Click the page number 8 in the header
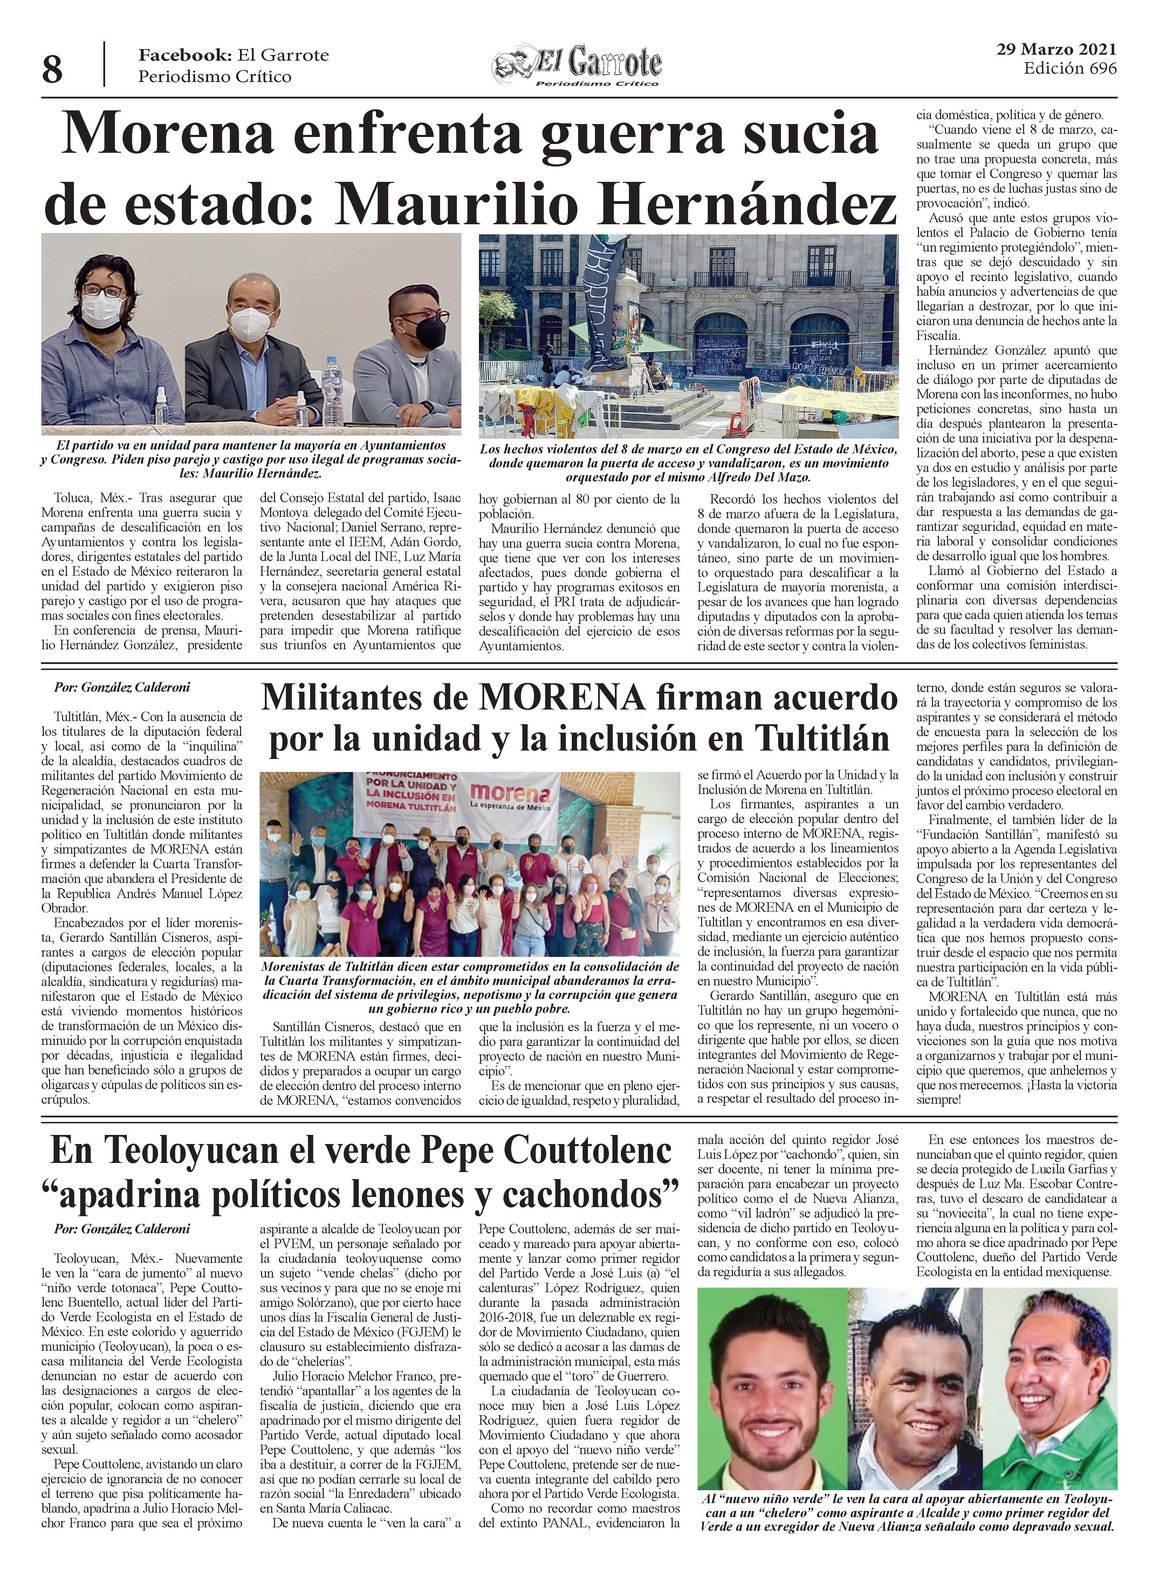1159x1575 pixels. [x=51, y=69]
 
